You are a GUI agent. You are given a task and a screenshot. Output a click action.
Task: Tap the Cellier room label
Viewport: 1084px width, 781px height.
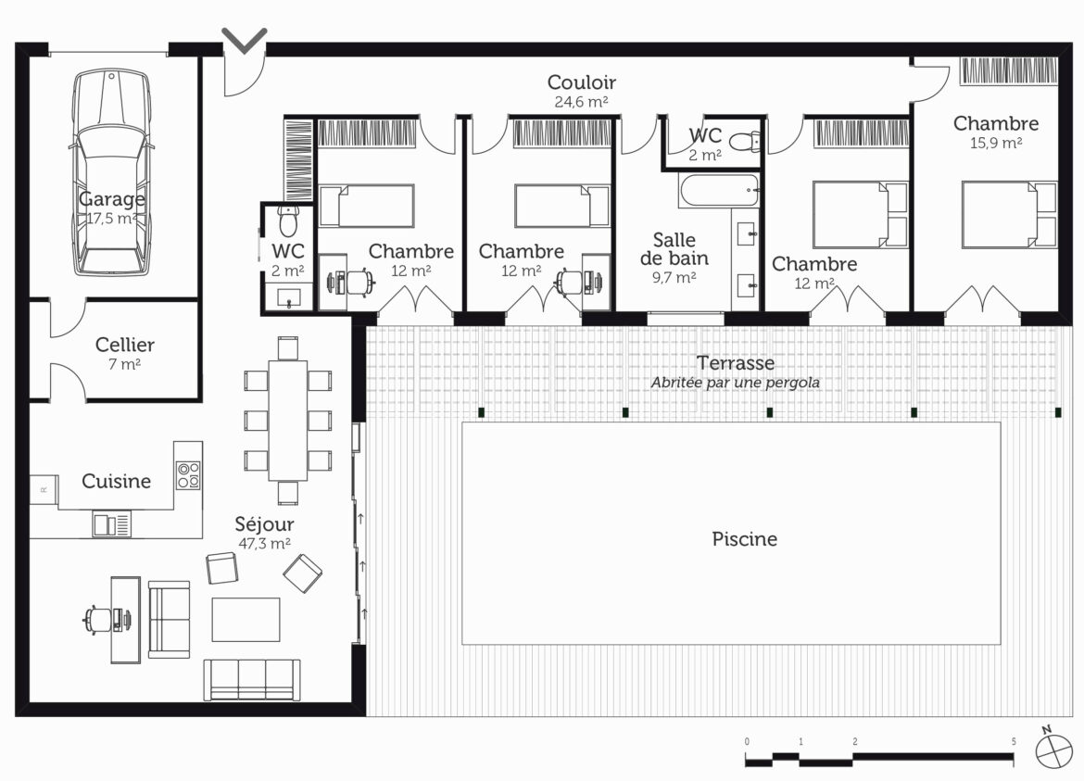point(124,345)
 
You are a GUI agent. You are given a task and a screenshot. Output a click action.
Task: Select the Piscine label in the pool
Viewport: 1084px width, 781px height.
point(745,538)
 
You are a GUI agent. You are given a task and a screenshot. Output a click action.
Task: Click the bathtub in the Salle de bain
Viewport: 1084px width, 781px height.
point(720,190)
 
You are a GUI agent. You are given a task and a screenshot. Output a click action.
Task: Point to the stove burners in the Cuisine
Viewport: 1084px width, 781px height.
point(188,475)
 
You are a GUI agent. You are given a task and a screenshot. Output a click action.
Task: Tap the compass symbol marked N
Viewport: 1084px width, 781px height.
point(1052,748)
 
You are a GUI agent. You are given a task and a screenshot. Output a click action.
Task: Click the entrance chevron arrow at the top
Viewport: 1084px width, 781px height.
point(244,40)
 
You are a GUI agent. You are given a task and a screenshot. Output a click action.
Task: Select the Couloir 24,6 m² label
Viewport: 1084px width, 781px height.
point(582,91)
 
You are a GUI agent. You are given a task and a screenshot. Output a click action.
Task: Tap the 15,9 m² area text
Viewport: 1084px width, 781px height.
point(995,143)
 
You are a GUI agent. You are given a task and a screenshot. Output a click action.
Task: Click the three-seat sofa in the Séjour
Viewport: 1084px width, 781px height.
point(252,680)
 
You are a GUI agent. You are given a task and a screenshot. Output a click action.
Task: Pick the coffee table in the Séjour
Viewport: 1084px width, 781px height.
point(246,619)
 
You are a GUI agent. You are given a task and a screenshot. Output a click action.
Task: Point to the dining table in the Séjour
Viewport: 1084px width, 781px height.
point(287,421)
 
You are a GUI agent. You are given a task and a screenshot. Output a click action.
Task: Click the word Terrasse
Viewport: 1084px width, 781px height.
point(735,363)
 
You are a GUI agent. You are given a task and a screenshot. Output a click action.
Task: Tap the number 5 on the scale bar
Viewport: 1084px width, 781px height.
point(1014,741)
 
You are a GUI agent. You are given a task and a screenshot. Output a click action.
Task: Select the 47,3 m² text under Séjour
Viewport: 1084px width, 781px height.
point(264,544)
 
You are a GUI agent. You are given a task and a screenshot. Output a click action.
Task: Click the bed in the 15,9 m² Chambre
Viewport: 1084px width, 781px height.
point(1009,214)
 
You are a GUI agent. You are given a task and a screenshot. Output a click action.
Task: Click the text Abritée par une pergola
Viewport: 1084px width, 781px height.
point(735,383)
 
